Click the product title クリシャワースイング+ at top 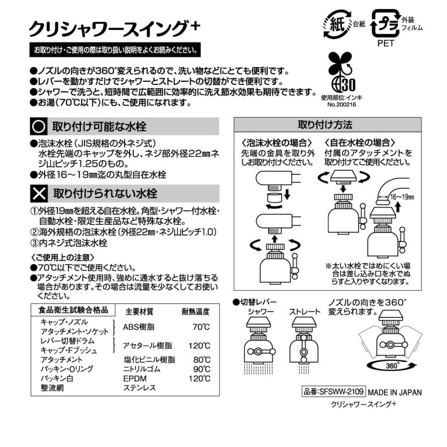tap(114, 28)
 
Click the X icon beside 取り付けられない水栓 tap(38, 193)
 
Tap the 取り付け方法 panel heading tap(327, 124)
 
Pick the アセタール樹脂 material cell tap(148, 345)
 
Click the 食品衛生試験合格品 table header tap(74, 310)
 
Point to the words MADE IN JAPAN tap(395, 392)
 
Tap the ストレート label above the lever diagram tap(305, 311)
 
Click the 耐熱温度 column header tap(195, 311)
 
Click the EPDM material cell tap(134, 378)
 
